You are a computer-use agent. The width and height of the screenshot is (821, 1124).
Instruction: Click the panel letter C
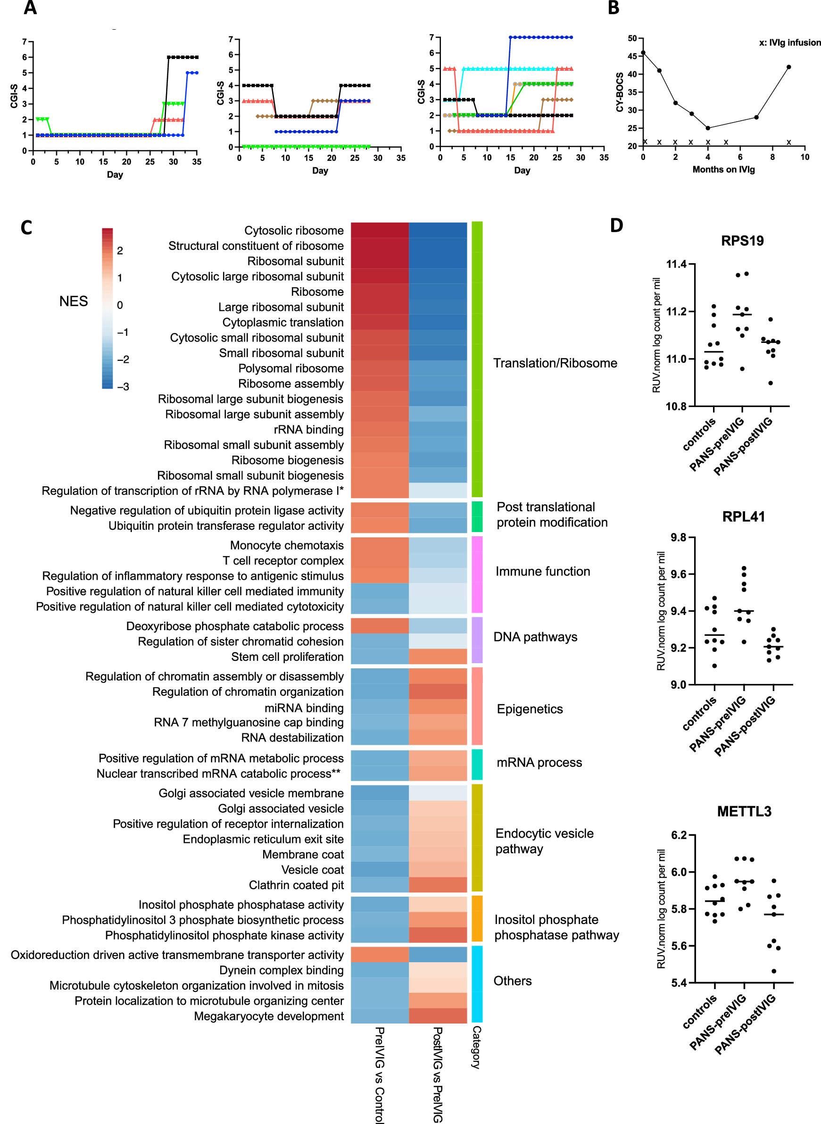click(26, 228)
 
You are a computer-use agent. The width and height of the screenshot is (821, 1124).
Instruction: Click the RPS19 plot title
click(742, 241)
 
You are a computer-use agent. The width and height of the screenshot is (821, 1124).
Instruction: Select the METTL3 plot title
click(744, 812)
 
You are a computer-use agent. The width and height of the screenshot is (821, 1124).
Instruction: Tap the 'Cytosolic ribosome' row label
click(294, 231)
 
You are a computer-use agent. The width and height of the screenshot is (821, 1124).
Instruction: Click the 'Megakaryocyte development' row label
click(268, 1016)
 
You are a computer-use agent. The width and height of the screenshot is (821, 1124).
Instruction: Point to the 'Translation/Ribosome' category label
click(555, 363)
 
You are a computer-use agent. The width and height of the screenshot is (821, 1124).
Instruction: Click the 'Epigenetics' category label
click(530, 709)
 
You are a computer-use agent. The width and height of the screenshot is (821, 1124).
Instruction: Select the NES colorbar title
click(73, 302)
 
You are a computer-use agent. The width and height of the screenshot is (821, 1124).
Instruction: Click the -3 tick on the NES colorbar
click(123, 387)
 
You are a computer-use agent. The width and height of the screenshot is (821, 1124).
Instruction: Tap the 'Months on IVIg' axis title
click(723, 170)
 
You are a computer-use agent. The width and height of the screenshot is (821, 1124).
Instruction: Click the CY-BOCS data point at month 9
click(788, 67)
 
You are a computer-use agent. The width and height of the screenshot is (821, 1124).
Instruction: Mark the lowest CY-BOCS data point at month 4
click(708, 128)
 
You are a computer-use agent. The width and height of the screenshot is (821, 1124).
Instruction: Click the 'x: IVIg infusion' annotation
click(789, 43)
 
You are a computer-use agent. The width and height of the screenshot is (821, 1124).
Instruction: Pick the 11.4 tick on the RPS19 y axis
click(676, 265)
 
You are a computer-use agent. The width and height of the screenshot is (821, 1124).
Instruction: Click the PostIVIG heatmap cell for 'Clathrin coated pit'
click(438, 885)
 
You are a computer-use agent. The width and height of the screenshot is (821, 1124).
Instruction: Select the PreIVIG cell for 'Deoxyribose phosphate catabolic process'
click(380, 626)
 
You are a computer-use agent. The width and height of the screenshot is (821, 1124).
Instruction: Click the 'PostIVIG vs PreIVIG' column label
click(437, 1074)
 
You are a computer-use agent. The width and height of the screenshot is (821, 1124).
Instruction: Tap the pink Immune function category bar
click(477, 574)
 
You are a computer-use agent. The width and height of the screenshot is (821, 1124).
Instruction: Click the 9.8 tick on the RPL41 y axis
click(679, 538)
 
